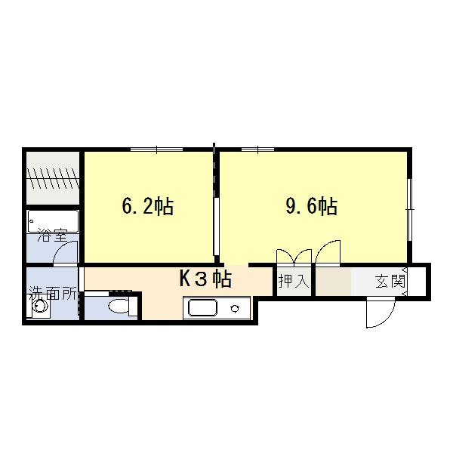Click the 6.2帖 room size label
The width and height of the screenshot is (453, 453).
[x=148, y=206]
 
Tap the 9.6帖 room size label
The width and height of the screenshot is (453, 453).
[x=311, y=206]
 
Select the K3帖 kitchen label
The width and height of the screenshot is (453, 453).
[x=205, y=279]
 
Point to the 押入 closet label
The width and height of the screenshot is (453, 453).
[x=294, y=281]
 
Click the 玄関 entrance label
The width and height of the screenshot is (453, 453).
[x=390, y=281]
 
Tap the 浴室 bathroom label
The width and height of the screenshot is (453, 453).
[x=52, y=236]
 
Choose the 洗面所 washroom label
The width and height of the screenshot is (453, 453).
[x=54, y=294]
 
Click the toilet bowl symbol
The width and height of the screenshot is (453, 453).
[x=119, y=306]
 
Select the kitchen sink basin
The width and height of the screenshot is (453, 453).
[x=202, y=308]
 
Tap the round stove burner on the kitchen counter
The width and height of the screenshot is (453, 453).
[x=235, y=309]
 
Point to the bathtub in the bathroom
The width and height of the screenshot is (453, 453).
[x=53, y=221]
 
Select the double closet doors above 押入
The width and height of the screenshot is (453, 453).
[x=294, y=257]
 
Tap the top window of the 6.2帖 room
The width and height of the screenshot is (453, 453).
[x=156, y=149]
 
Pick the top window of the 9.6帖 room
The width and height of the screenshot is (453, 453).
[x=257, y=149]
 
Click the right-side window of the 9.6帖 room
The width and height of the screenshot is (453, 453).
[x=409, y=209]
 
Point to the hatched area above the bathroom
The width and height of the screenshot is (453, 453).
[x=53, y=178]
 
